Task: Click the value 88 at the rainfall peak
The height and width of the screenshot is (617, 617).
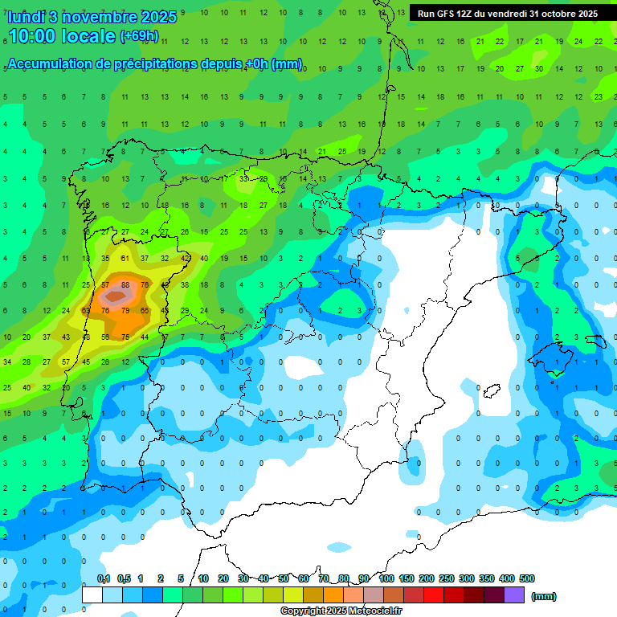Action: pos(125,284)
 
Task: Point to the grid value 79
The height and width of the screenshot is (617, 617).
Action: pos(125,310)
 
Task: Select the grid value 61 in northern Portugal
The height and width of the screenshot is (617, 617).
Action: pos(125,259)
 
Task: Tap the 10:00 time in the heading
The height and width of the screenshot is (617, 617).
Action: pos(33,36)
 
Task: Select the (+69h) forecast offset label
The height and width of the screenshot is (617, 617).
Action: pos(138,36)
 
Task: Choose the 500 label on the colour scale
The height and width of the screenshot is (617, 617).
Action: pos(527,578)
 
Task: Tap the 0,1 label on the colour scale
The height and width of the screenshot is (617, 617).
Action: pos(104,578)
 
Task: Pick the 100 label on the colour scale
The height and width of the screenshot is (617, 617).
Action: pos(386,578)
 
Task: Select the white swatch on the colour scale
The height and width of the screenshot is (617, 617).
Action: pos(92,595)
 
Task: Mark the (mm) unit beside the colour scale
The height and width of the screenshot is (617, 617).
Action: pos(544,596)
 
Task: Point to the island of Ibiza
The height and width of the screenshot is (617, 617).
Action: pos(489,392)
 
